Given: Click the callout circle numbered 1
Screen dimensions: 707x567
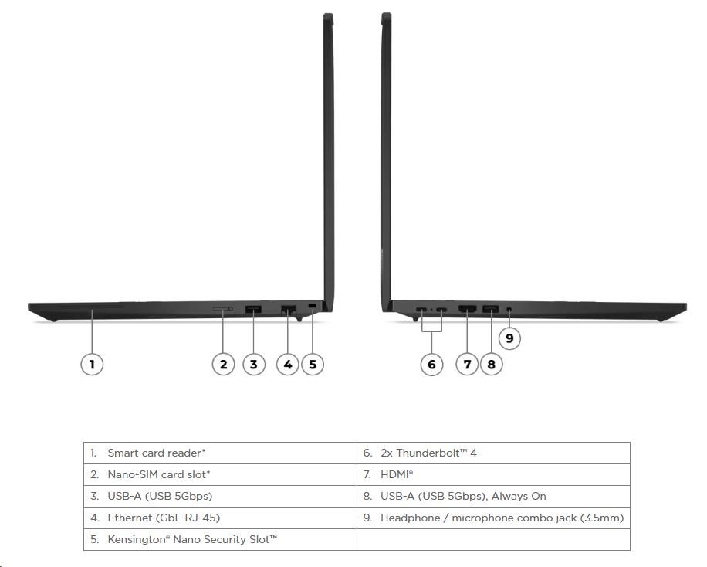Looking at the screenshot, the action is tap(92, 364).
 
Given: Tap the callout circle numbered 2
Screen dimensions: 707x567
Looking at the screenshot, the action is tap(223, 364).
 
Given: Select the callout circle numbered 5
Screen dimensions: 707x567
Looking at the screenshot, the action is tap(313, 364).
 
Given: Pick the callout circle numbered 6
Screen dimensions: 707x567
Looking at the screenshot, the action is tap(431, 364).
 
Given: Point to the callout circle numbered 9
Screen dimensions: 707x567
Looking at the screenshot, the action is tap(509, 338).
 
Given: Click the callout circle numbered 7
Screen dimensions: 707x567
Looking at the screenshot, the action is tap(467, 364).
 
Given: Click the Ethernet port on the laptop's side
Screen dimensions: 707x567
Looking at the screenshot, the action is tap(288, 310).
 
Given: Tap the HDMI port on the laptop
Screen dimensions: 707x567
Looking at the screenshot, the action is tap(468, 309).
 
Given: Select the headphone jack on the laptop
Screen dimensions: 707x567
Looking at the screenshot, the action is tap(509, 310).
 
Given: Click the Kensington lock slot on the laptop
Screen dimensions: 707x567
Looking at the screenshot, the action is tap(312, 307).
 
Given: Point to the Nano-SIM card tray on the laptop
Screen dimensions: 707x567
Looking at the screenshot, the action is tap(222, 309).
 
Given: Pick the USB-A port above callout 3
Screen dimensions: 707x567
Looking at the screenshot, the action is tap(253, 310).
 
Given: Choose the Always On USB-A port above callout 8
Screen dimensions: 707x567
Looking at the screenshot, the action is tap(491, 309).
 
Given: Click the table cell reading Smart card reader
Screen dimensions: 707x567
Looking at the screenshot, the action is tap(220, 453).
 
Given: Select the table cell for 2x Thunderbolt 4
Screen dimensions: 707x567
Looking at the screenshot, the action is tap(493, 453).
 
